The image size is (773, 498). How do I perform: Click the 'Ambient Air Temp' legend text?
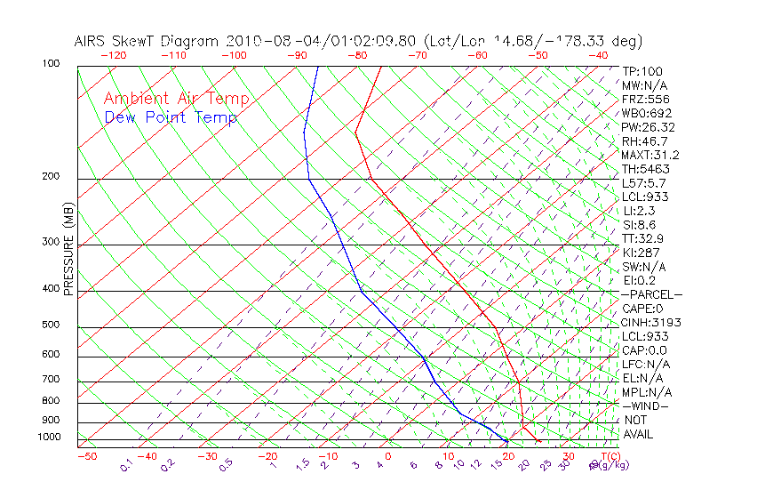[176, 99]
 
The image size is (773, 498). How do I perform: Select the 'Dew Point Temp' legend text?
[171, 117]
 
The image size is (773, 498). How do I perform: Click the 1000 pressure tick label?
[50, 437]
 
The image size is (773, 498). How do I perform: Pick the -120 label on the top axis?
[114, 55]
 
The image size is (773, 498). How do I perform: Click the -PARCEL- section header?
[651, 294]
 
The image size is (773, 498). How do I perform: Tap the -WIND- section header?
[645, 406]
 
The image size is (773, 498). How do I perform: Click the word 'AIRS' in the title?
[92, 41]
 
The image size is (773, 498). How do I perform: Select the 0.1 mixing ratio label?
[125, 465]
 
